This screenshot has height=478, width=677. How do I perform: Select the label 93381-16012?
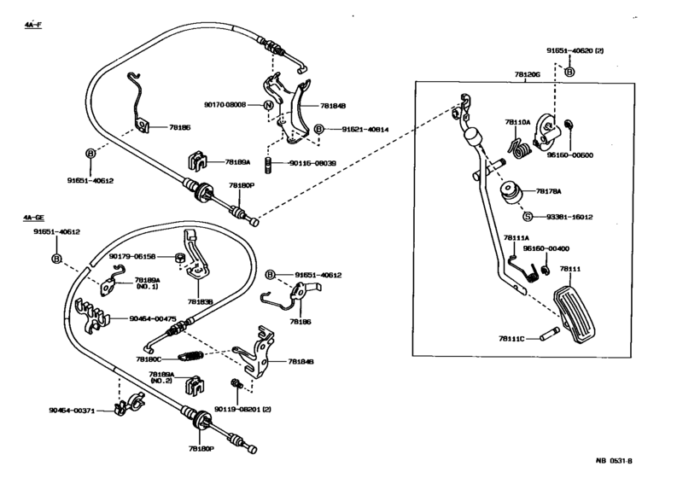570,217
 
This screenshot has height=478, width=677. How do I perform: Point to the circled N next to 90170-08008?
268,105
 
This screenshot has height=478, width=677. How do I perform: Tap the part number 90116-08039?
312,162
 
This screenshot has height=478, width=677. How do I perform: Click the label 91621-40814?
365,129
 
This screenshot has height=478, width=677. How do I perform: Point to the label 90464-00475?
153,318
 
